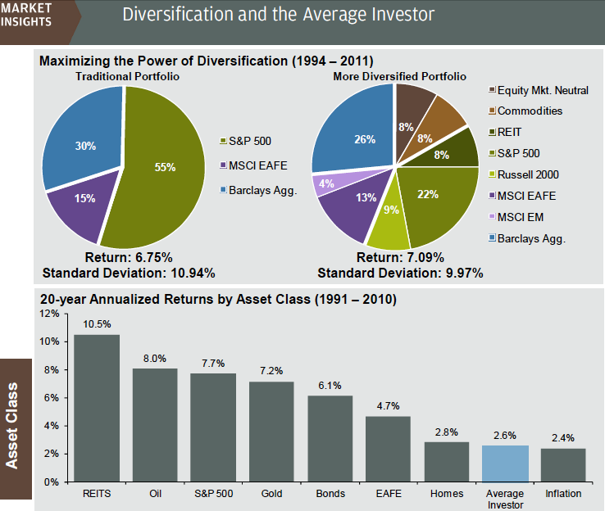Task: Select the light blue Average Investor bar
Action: [505, 463]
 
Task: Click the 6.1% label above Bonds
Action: [330, 385]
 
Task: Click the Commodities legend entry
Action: [530, 111]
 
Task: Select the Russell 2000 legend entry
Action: [530, 174]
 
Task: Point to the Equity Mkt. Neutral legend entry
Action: [542, 90]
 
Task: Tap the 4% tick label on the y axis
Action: [52, 426]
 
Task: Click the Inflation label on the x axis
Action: [563, 494]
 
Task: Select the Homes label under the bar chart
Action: [447, 494]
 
